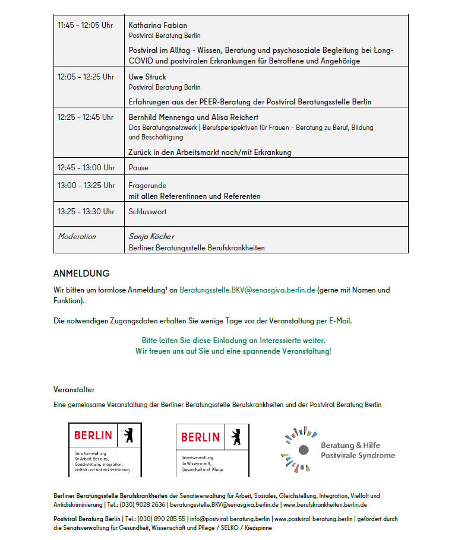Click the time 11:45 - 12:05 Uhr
click(x=85, y=26)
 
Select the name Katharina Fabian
click(x=157, y=26)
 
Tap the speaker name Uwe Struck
click(x=147, y=77)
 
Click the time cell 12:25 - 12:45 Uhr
click(x=85, y=117)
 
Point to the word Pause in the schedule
click(x=138, y=168)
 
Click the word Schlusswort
click(x=147, y=212)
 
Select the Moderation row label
click(x=77, y=237)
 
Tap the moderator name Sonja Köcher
click(x=151, y=237)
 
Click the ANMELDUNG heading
click(x=81, y=274)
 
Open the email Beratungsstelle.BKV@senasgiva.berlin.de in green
click(x=247, y=290)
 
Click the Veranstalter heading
click(x=74, y=390)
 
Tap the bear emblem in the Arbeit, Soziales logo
click(x=128, y=435)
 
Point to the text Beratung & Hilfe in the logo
click(x=350, y=445)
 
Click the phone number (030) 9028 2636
click(x=143, y=505)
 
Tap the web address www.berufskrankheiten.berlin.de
click(x=325, y=505)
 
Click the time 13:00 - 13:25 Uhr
click(x=86, y=186)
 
